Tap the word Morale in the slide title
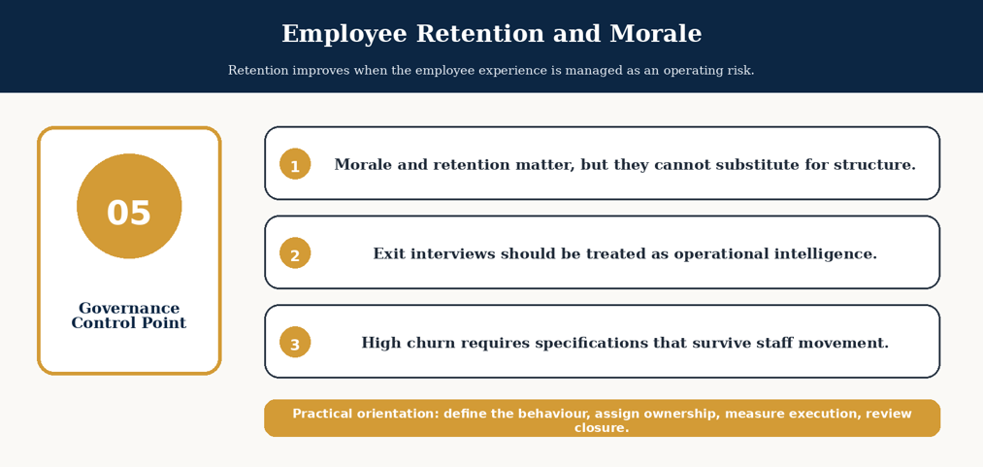pos(656,34)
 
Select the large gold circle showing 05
pos(129,206)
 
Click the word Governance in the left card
pos(129,309)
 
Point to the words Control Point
pos(129,323)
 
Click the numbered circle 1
pos(295,164)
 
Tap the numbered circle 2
pos(295,253)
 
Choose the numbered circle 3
pos(295,343)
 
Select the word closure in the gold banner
pos(602,428)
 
